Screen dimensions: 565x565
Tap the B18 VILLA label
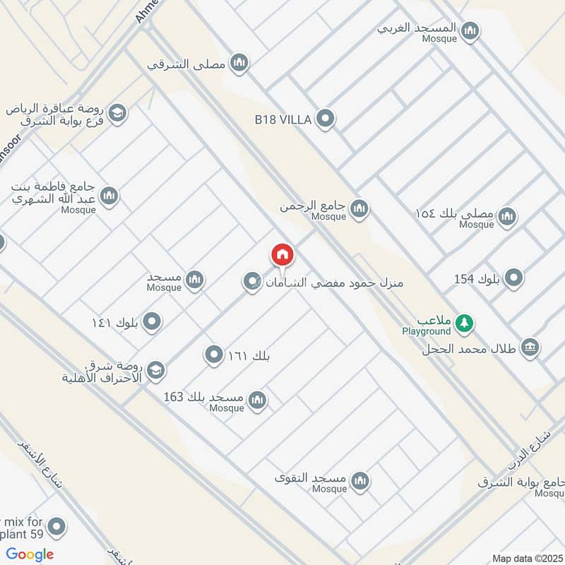pos(283,120)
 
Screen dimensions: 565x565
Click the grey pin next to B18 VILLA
pos(325,119)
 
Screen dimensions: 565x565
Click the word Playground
pos(427,331)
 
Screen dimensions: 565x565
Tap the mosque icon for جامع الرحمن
pos(359,208)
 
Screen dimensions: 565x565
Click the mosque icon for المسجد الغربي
pos(470,30)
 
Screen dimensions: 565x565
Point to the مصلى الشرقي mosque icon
pos(240,64)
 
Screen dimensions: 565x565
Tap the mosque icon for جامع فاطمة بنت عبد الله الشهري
pos(109,196)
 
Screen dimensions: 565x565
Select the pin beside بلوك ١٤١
pos(151,323)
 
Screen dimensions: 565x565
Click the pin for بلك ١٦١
pos(214,355)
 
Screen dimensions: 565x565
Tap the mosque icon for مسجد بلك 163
pos(258,400)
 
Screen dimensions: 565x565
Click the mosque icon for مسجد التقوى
pos(361,481)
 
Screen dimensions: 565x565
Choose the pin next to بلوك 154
pos(515,278)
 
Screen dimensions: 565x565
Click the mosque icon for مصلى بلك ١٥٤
pos(506,216)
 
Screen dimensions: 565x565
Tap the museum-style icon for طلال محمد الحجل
pos(530,347)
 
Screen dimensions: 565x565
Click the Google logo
pos(30,554)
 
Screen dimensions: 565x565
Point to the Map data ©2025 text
pos(526,558)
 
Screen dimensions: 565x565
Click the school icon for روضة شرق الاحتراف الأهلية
pos(156,369)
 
